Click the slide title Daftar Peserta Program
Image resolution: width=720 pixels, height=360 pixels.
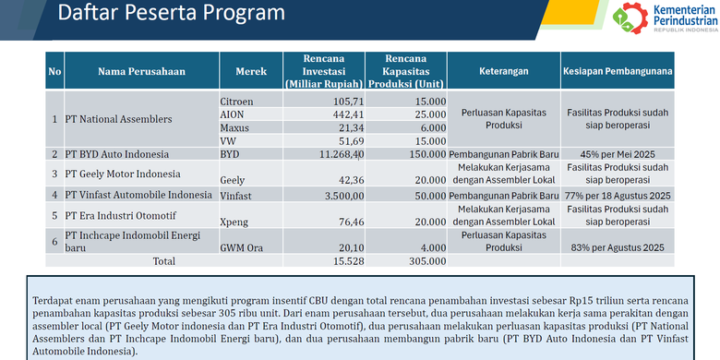coord(172,15)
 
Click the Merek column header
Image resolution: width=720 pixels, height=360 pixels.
coord(252,71)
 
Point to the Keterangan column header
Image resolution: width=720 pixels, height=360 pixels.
coord(503,71)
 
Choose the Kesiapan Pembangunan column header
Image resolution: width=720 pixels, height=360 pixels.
coord(619,71)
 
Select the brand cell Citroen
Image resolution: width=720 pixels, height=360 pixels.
coord(237,101)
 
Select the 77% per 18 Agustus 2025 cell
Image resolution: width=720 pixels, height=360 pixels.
coord(619,196)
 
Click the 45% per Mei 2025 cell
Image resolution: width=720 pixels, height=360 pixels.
coord(619,153)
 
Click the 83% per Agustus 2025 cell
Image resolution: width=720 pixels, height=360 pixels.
coord(619,247)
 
